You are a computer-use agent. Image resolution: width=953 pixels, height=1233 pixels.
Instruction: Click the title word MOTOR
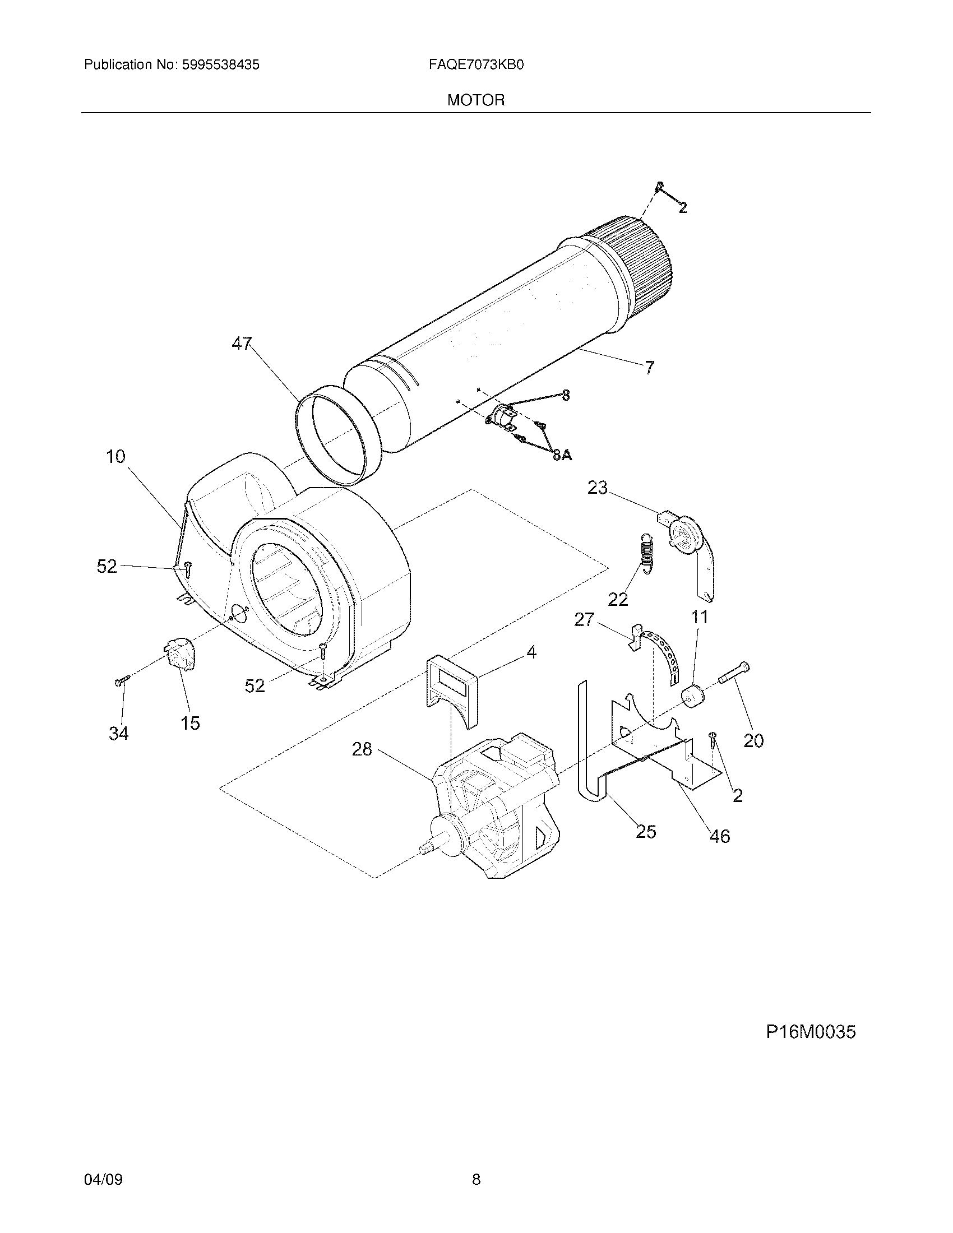pos(476,100)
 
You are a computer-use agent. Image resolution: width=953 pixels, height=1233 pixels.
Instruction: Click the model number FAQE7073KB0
pos(476,65)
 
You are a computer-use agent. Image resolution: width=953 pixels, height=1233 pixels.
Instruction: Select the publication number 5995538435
pos(220,65)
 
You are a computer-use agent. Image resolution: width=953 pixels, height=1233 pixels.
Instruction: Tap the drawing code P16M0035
pos(811,1032)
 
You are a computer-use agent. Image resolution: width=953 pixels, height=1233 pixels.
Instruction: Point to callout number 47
pos(242,343)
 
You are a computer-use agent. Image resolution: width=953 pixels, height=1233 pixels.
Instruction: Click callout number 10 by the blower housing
pos(115,456)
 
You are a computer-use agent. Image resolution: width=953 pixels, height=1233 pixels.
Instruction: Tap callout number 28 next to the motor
pos(362,749)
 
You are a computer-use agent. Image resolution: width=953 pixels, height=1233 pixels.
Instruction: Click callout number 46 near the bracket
pos(719,836)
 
